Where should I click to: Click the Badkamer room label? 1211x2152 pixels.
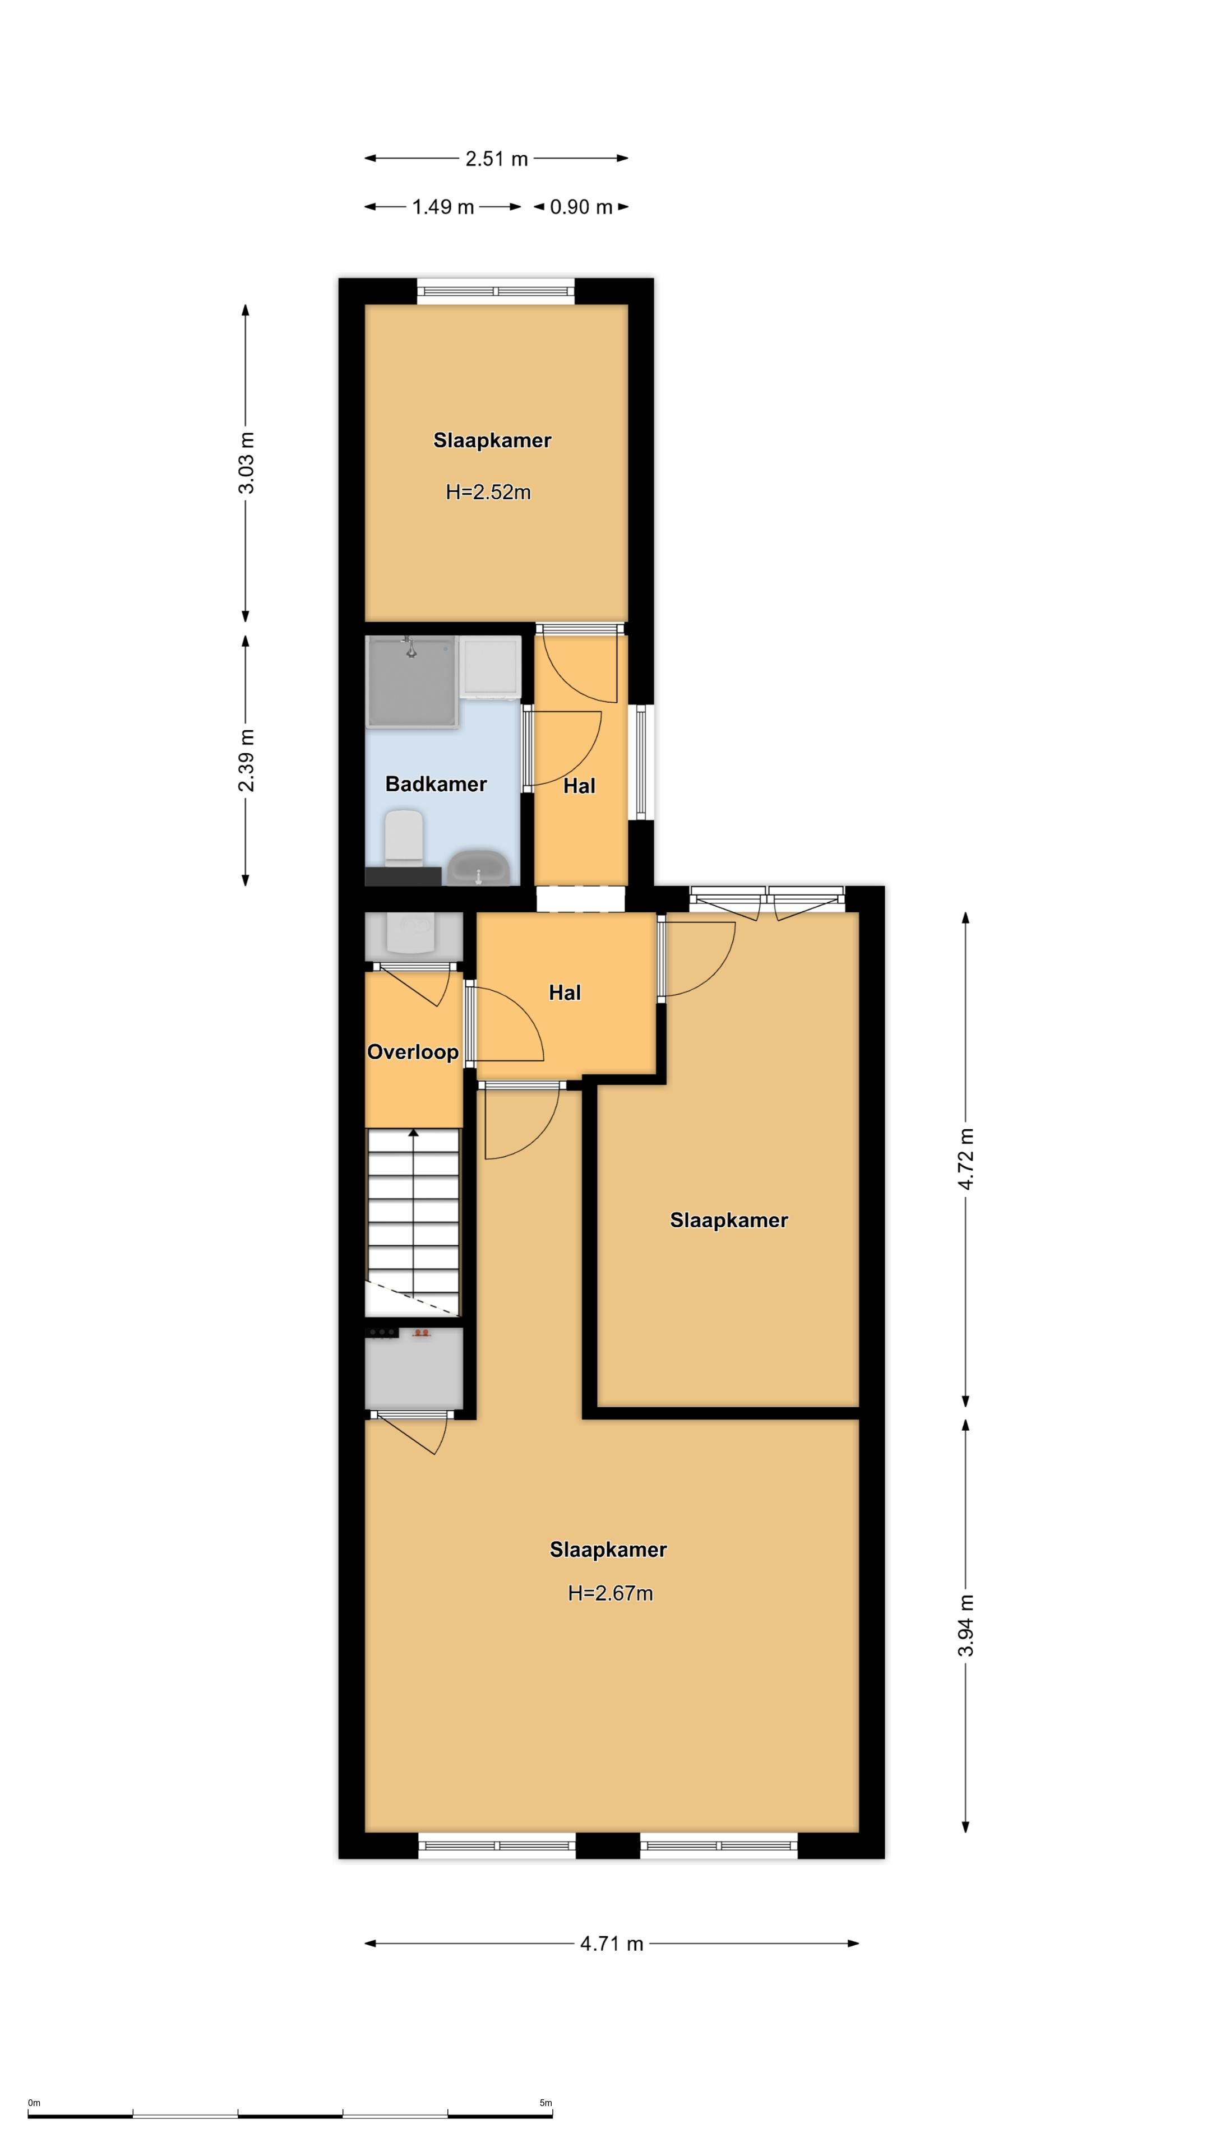(436, 783)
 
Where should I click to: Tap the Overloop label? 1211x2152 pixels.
(412, 1052)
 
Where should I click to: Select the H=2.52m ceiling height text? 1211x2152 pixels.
(488, 492)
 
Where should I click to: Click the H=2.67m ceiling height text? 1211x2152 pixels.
(610, 1593)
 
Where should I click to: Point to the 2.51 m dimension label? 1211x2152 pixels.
(496, 159)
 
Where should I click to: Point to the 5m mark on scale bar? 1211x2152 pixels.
(546, 2103)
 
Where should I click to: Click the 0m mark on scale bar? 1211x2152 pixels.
(34, 2103)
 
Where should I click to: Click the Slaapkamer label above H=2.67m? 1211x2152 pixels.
(608, 1550)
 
